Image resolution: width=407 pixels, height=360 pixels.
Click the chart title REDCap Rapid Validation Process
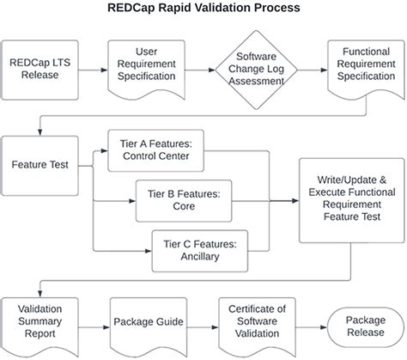pyautogui.click(x=203, y=9)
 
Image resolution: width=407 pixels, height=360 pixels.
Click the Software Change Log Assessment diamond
pyautogui.click(x=255, y=69)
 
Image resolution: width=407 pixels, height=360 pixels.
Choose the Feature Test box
pyautogui.click(x=40, y=163)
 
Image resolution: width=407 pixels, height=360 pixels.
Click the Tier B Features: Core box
pyautogui.click(x=184, y=200)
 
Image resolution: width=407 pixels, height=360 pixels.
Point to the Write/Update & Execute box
pyautogui.click(x=347, y=200)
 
